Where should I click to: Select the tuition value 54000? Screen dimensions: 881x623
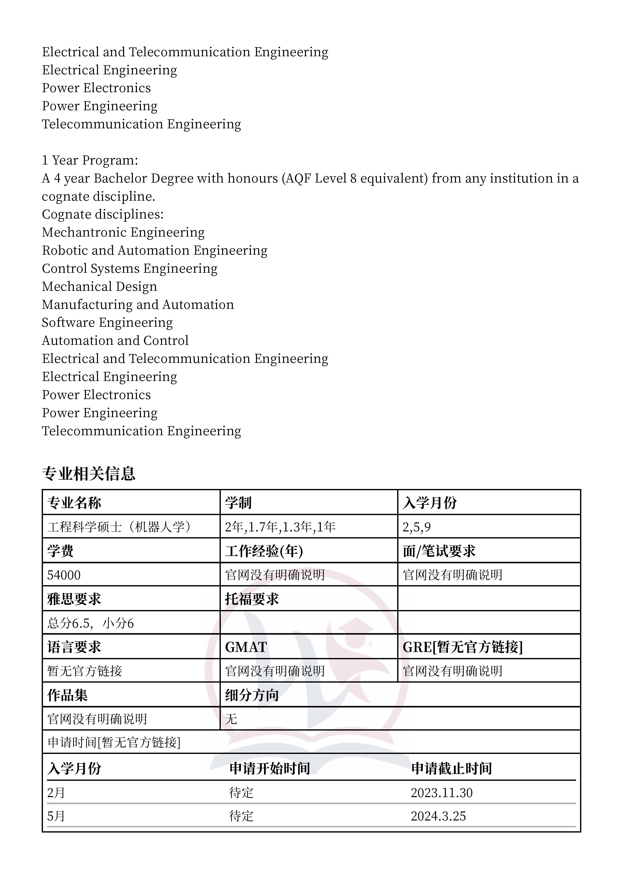tap(64, 575)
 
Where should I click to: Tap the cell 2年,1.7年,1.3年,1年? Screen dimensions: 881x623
tap(280, 527)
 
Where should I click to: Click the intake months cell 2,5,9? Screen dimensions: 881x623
tap(417, 527)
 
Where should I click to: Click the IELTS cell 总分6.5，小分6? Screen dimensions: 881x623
tap(91, 623)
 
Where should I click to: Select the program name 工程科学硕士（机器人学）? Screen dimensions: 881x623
tap(119, 527)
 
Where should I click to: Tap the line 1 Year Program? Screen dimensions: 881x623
tap(90, 160)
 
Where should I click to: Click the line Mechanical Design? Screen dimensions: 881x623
tap(99, 286)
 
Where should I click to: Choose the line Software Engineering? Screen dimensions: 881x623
tap(107, 322)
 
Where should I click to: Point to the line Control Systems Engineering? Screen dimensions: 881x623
tap(129, 268)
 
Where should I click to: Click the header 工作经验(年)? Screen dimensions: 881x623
tap(264, 551)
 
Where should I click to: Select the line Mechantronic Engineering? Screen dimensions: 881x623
tap(123, 232)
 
